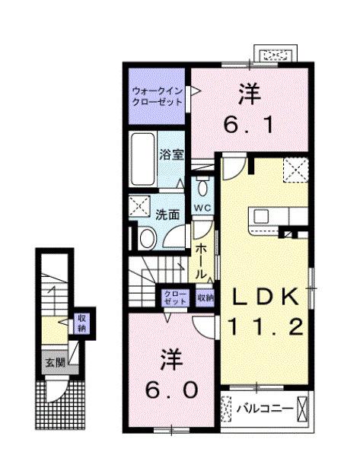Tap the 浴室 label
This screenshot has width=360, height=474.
(170, 154)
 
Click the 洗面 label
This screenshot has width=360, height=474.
(168, 215)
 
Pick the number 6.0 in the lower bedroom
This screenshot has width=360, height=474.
(173, 389)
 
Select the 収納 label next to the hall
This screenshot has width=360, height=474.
(204, 297)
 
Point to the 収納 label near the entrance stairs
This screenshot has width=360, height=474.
(81, 323)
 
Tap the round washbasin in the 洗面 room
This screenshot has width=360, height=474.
(148, 238)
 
